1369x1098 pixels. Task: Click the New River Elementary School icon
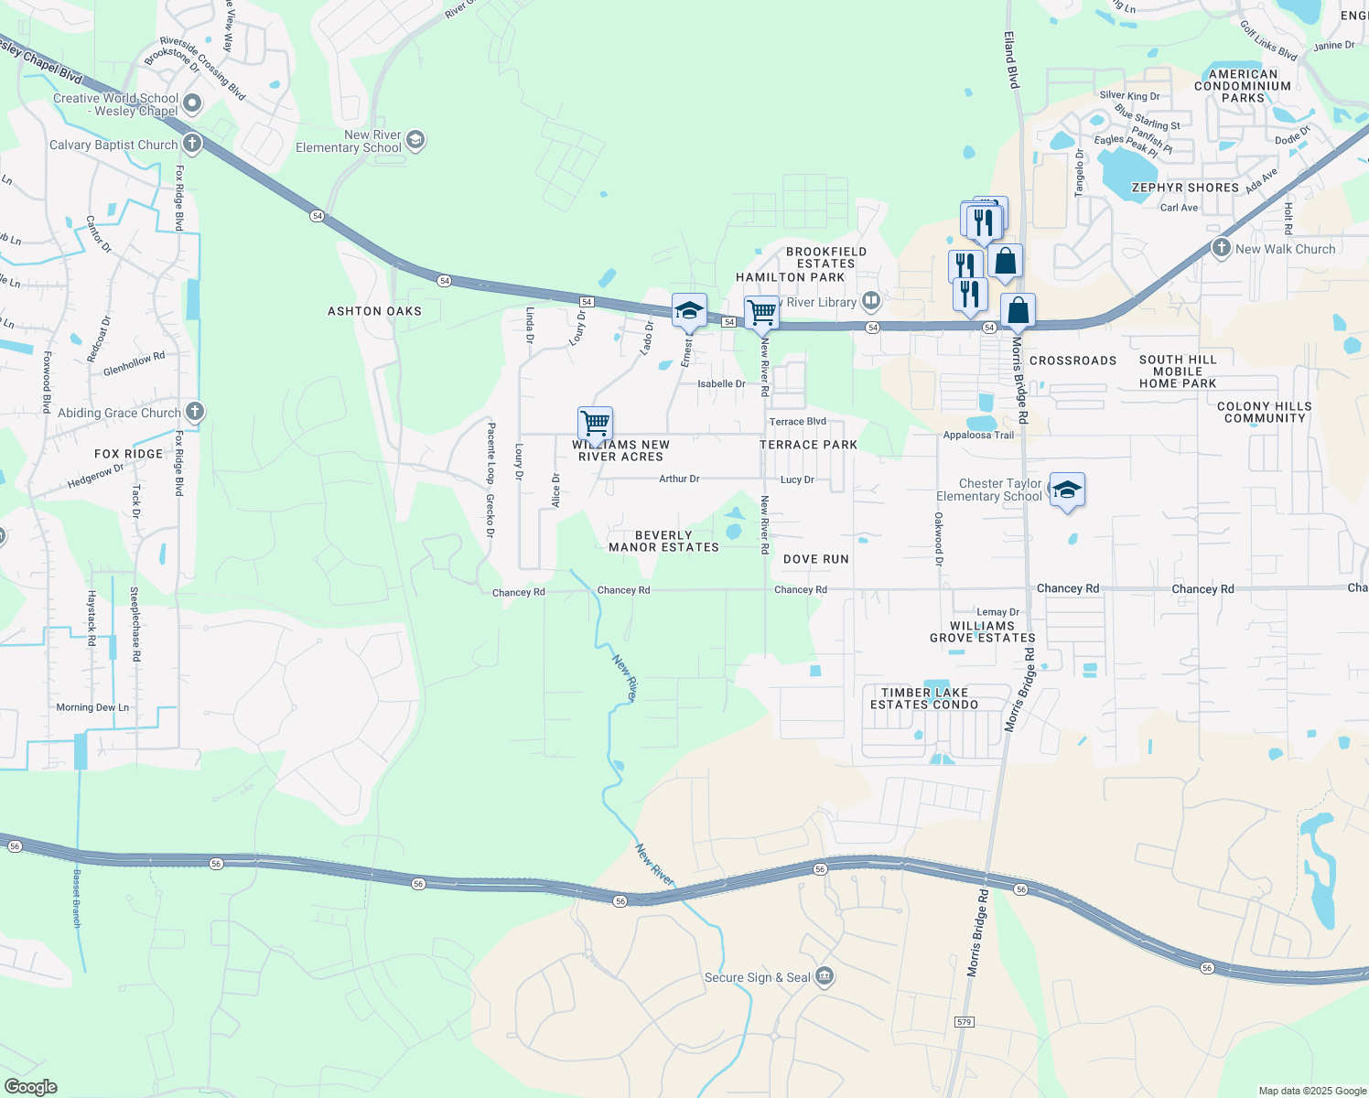[415, 140]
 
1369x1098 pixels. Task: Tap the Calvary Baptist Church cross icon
[191, 143]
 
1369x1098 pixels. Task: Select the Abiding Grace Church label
[119, 413]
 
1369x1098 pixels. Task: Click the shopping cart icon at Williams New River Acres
[595, 425]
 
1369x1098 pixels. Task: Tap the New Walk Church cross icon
[1221, 248]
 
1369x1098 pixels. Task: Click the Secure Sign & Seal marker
[825, 976]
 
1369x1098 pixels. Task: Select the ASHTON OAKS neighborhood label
[375, 311]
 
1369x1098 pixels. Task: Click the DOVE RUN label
[816, 559]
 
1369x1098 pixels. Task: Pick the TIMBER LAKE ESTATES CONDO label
[924, 699]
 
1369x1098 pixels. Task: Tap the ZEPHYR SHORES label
[1185, 188]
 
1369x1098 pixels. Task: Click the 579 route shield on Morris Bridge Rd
[964, 1021]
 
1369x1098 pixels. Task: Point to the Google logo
[31, 1087]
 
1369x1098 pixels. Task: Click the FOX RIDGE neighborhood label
[128, 454]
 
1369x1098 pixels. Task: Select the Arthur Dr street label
[679, 479]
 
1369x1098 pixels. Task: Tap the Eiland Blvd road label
[1010, 59]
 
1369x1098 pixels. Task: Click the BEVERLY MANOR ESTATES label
[664, 542]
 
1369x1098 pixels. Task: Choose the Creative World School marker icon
[192, 103]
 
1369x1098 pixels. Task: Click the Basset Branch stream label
[77, 899]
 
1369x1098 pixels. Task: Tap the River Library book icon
[870, 300]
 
